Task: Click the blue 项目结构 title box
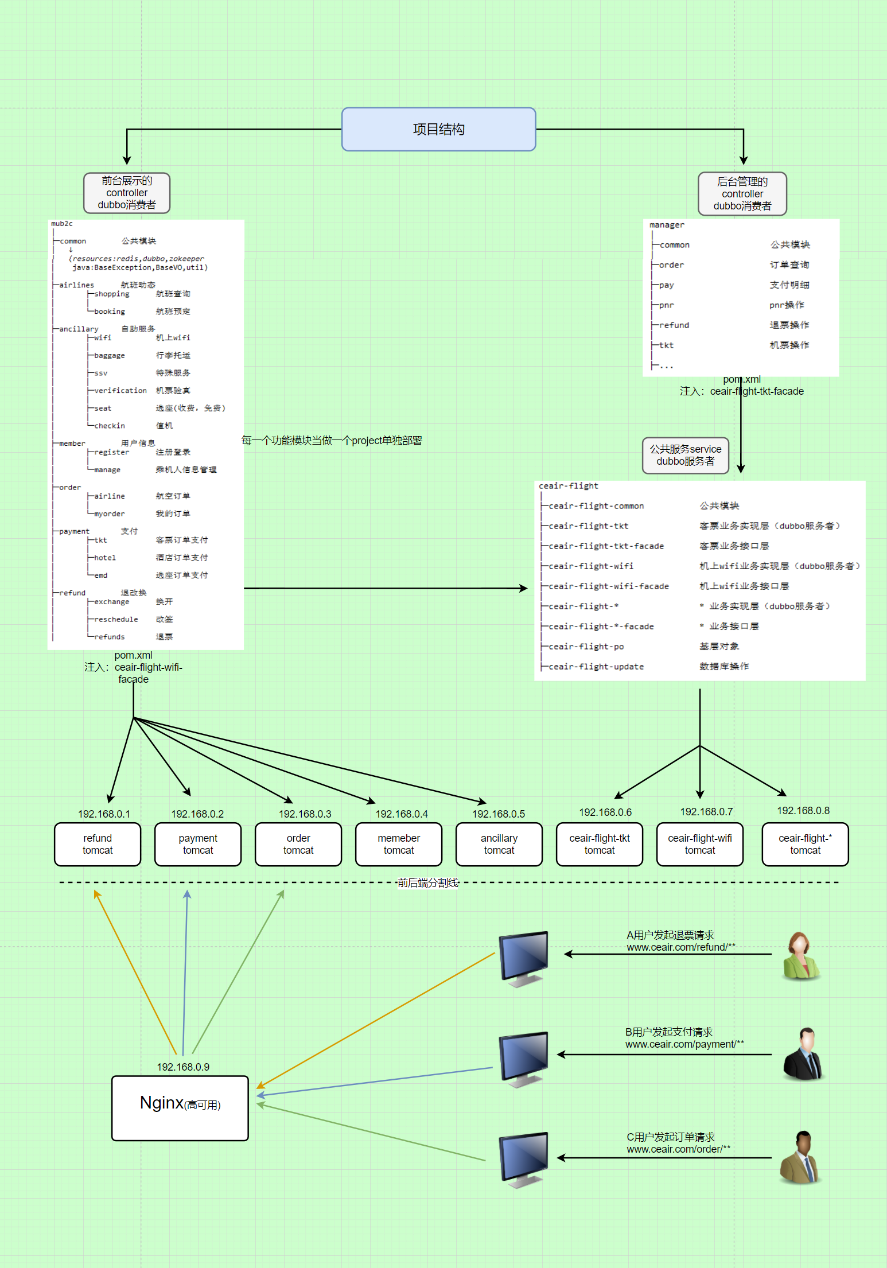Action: [438, 129]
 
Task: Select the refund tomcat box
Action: [98, 844]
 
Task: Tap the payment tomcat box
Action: [198, 844]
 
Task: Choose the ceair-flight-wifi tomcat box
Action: [699, 844]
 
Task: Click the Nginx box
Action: [180, 1107]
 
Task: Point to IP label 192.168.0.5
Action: [499, 814]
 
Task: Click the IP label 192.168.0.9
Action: [183, 1067]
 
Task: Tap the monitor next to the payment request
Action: [523, 1059]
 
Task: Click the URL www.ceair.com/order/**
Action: [678, 1149]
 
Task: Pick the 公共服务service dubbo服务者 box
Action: [685, 455]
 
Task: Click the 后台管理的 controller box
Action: [742, 193]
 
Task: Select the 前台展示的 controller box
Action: [127, 193]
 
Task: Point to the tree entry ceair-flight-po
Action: [586, 647]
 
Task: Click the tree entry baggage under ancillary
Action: [109, 356]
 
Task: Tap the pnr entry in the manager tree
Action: [666, 305]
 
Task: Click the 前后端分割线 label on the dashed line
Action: [428, 882]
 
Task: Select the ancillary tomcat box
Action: [499, 844]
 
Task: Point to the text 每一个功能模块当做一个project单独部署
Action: [332, 440]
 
